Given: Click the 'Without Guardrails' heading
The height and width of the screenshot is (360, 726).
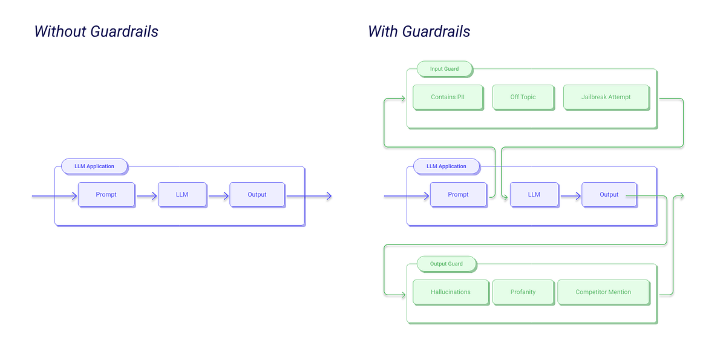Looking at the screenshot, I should pyautogui.click(x=96, y=31).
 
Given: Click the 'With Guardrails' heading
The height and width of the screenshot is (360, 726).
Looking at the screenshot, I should pyautogui.click(x=419, y=31).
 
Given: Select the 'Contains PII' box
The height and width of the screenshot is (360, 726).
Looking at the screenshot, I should pyautogui.click(x=448, y=97).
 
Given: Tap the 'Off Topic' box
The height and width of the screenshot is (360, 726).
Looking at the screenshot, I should pyautogui.click(x=523, y=97).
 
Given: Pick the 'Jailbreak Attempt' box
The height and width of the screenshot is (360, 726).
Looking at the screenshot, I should pyautogui.click(x=606, y=97).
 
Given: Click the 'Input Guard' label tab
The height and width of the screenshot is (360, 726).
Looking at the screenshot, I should pyautogui.click(x=444, y=69).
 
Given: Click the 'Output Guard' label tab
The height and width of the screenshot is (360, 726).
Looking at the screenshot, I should pyautogui.click(x=446, y=264).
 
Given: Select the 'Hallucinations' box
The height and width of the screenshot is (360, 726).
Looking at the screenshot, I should pyautogui.click(x=450, y=292).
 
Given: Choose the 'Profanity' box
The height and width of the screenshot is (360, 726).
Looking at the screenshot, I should pyautogui.click(x=523, y=292).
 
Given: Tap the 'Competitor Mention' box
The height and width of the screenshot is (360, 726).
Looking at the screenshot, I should pyautogui.click(x=603, y=292).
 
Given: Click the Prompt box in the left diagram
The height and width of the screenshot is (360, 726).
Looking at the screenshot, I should pyautogui.click(x=106, y=194).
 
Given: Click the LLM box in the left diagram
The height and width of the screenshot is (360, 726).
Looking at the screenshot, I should pyautogui.click(x=181, y=194).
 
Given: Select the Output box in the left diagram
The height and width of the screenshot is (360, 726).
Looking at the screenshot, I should pyautogui.click(x=257, y=194).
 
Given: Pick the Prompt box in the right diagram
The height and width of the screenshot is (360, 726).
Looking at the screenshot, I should pyautogui.click(x=458, y=194).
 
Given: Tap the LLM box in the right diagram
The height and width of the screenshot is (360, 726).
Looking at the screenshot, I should pyautogui.click(x=534, y=194).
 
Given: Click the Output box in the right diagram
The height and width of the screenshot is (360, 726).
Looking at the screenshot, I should pyautogui.click(x=609, y=194).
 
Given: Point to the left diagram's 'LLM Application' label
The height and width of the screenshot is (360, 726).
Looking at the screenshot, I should pyautogui.click(x=94, y=166).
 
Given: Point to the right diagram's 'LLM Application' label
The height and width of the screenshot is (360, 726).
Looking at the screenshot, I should pyautogui.click(x=446, y=166).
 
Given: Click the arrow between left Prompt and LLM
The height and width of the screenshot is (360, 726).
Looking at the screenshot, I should pyautogui.click(x=146, y=196).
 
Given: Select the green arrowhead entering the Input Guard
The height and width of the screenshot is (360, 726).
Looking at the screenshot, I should pyautogui.click(x=402, y=98).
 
